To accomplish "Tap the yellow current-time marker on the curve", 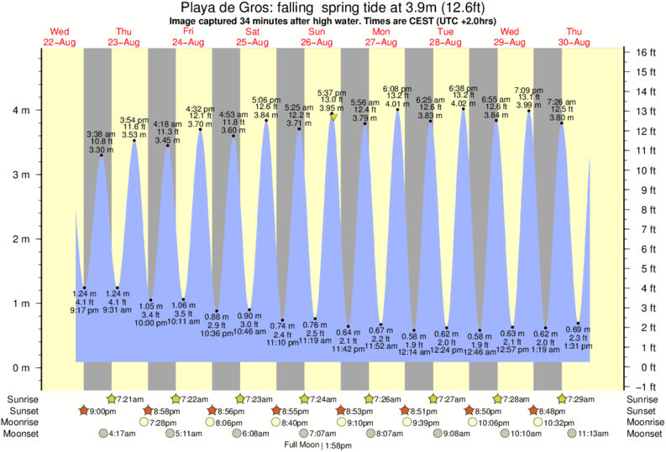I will pos(333,117).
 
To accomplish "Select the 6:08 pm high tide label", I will pos(396,88).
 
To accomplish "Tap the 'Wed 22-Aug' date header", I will pos(60,37).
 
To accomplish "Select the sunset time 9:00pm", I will pos(99,411).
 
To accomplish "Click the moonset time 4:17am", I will pos(123,434).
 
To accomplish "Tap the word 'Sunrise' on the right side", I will pos(643,399).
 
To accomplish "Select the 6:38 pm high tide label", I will pos(463,88).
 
